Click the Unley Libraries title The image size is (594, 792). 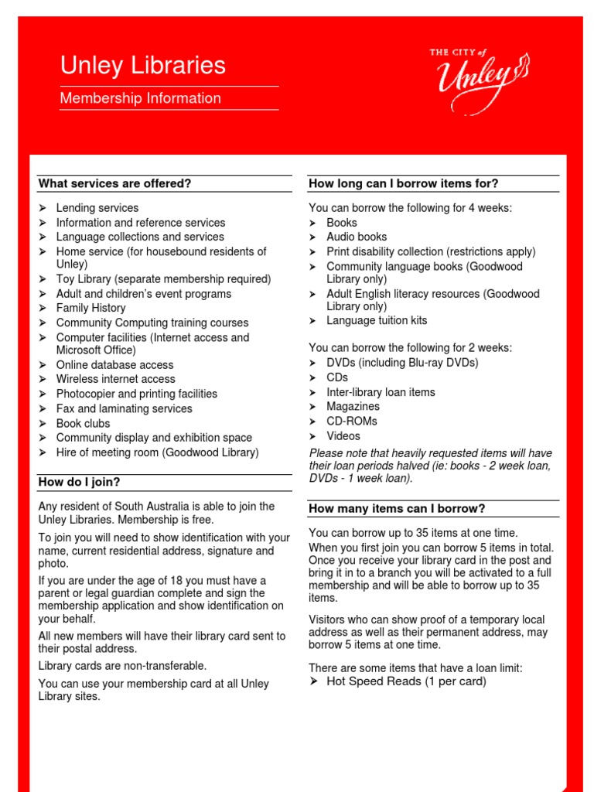(x=143, y=66)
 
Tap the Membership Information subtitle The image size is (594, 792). (x=140, y=98)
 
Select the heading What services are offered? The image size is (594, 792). (x=114, y=183)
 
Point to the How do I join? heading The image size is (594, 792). (x=80, y=482)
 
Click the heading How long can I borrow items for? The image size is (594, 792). (x=403, y=183)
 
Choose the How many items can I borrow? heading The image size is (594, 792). (x=397, y=508)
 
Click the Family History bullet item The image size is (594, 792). (x=90, y=308)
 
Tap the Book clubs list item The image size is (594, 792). (x=83, y=423)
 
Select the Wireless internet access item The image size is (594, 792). (x=115, y=379)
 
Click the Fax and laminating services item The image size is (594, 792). (x=124, y=408)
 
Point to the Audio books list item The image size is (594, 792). (x=357, y=237)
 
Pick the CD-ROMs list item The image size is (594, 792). (x=352, y=421)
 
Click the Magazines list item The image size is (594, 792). (x=353, y=406)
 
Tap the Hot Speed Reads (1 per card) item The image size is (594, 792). (x=406, y=681)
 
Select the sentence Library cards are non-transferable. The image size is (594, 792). (x=122, y=666)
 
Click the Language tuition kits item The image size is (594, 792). (x=377, y=320)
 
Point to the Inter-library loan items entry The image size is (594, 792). (x=381, y=392)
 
